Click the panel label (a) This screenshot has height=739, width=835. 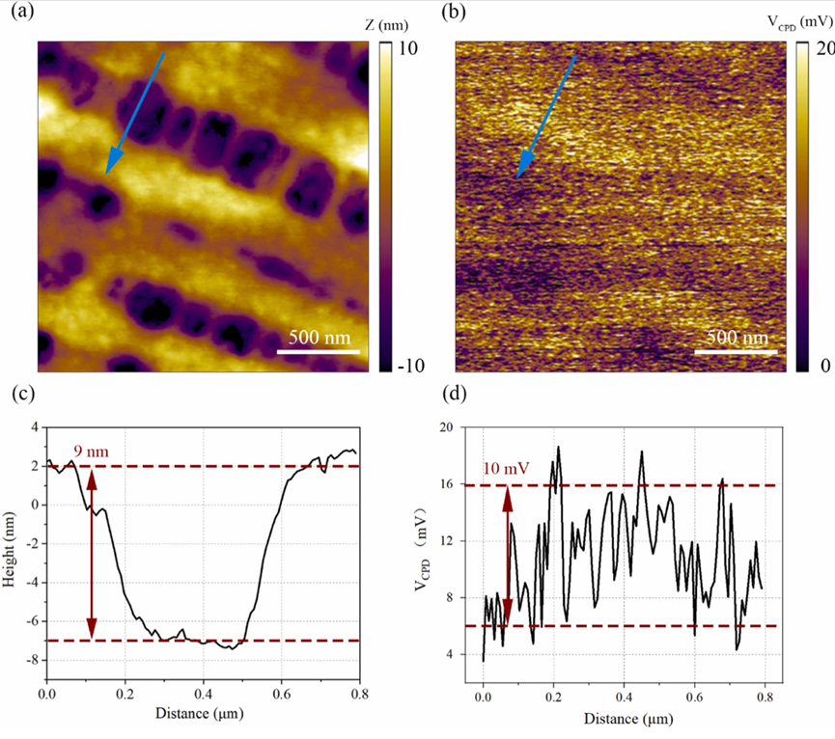point(17,13)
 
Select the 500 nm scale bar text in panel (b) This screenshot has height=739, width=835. point(737,338)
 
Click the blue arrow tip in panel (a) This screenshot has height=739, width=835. point(107,174)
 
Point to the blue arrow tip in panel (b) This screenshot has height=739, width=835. point(519,178)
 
